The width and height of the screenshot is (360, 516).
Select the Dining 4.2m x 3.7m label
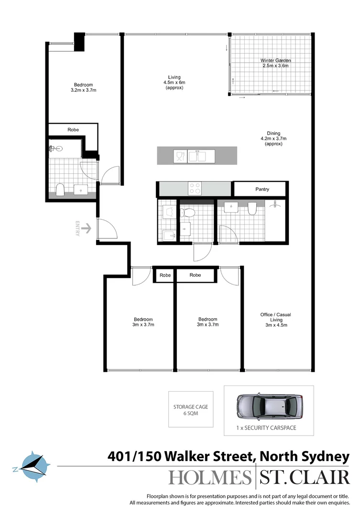273,139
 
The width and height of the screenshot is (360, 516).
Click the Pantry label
262,189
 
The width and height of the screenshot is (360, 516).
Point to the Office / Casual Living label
275,320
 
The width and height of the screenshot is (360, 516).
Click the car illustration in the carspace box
269,406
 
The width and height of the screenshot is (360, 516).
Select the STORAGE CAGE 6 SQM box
190,410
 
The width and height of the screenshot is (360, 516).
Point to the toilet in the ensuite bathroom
60,190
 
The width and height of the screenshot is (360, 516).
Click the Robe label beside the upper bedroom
73,129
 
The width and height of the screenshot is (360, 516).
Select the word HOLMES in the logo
209,478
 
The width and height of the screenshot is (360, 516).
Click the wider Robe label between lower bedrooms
195,275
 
